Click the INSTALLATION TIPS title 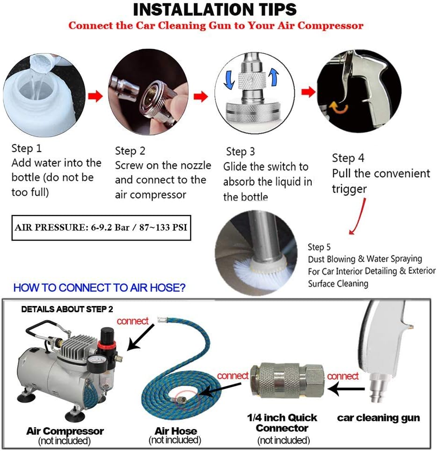click(x=215, y=9)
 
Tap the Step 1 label click(x=27, y=148)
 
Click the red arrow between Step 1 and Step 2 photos click(x=95, y=96)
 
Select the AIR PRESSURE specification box click(x=101, y=227)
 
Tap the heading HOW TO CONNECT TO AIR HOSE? click(x=99, y=288)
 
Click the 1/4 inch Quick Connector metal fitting click(x=287, y=380)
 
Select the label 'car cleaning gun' click(x=379, y=418)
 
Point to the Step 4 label click(x=348, y=158)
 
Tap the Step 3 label click(x=240, y=152)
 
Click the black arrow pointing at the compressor click(x=141, y=337)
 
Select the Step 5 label click(x=319, y=247)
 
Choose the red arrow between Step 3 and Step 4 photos click(x=308, y=92)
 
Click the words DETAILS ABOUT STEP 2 click(x=67, y=309)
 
